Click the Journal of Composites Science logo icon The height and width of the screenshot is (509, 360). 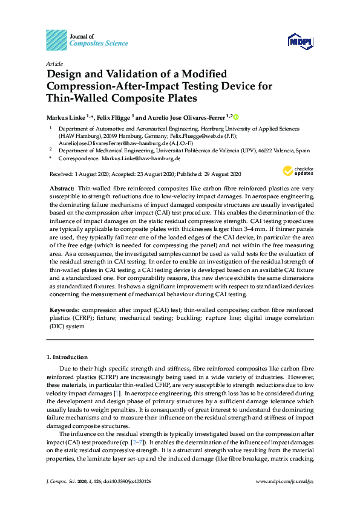(x=56, y=40)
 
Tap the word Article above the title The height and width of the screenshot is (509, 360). (x=54, y=63)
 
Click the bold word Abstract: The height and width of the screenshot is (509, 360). (x=61, y=189)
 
